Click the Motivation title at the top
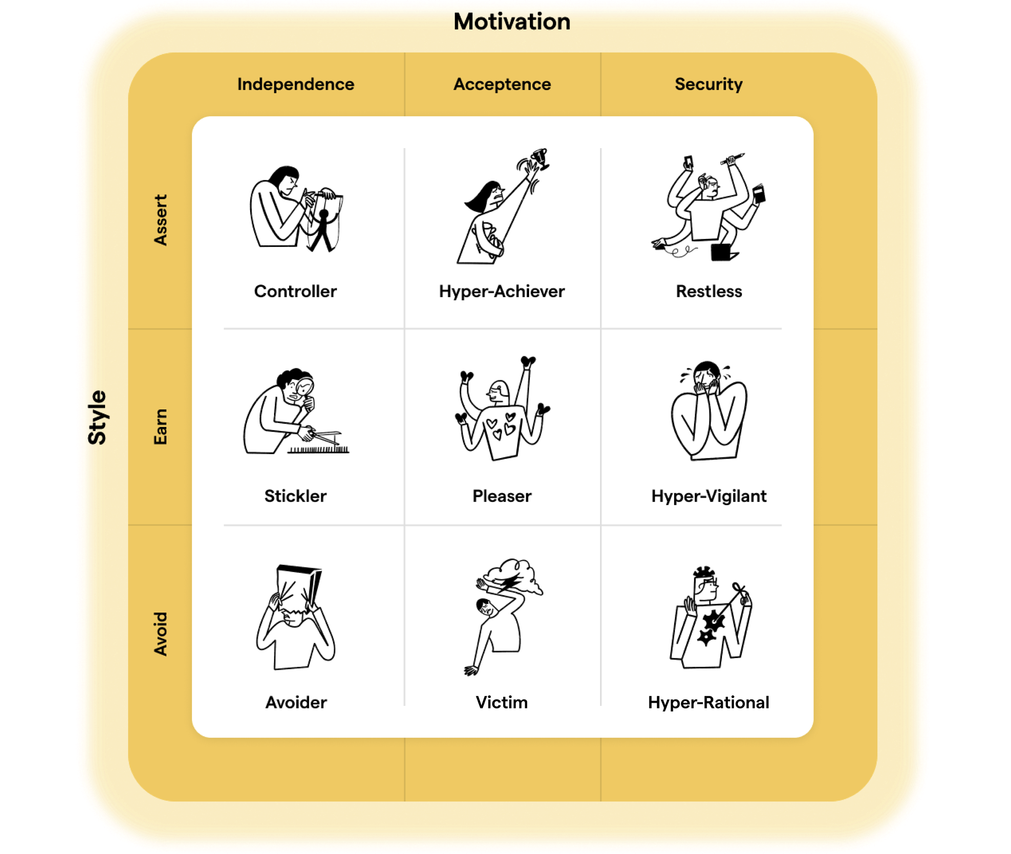tap(511, 22)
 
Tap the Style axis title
tap(97, 417)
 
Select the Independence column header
tap(295, 84)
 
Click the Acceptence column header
tap(502, 84)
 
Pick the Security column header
tap(708, 84)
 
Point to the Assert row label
tap(160, 220)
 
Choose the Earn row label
tap(160, 427)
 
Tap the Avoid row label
tap(160, 634)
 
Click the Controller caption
tap(295, 292)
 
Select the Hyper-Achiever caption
tap(501, 292)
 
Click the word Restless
tap(709, 292)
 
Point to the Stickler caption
tap(295, 496)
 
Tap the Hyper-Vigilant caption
tap(709, 496)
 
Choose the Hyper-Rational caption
tap(708, 702)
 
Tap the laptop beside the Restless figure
tap(723, 252)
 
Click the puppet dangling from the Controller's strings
tap(323, 228)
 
